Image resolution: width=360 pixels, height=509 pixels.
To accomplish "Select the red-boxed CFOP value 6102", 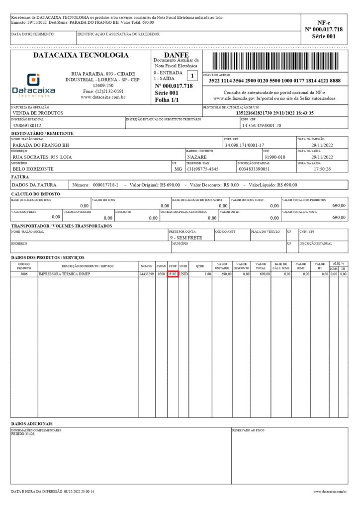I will (173, 274).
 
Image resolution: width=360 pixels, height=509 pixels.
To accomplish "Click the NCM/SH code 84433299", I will (147, 274).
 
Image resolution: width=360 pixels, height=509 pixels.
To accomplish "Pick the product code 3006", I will (24, 274).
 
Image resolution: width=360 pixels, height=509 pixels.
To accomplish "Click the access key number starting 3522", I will (274, 81).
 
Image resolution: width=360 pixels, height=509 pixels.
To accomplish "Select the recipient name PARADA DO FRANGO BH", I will (41, 145).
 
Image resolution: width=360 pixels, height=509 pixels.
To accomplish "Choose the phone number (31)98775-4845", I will (203, 169).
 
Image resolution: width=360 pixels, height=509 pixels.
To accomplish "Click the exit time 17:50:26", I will (322, 169).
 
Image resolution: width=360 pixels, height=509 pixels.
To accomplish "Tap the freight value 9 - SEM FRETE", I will (186, 238).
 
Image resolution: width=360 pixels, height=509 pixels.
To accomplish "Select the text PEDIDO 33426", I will (23, 433).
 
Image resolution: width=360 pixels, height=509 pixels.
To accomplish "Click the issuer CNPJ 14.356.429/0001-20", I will (261, 125).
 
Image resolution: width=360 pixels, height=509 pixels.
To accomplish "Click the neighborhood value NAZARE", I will (197, 157).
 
